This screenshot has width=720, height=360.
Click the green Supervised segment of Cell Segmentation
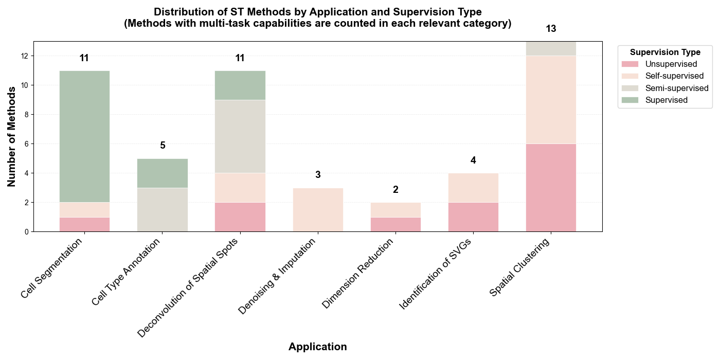(84, 136)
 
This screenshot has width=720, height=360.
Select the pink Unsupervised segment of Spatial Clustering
(551, 188)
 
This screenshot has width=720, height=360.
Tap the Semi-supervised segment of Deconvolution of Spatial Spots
(240, 136)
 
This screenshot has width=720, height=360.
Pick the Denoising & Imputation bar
(318, 210)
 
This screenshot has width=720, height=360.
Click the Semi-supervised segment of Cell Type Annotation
(163, 210)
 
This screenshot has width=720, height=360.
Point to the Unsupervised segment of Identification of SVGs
(473, 217)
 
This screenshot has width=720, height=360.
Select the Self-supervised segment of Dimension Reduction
(395, 210)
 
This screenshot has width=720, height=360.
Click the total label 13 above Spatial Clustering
(551, 29)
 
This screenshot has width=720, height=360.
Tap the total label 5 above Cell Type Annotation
(163, 146)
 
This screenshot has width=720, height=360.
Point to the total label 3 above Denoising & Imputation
(318, 175)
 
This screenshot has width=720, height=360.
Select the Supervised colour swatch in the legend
(629, 100)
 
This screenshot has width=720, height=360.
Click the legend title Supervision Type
(665, 52)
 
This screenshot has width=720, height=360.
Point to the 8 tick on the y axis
(26, 115)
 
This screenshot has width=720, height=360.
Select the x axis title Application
(317, 347)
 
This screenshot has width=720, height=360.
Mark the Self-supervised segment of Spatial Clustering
(551, 100)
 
